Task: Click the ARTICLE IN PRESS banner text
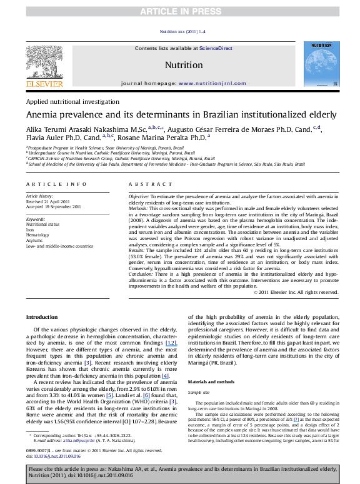pyautogui.click(x=180, y=11)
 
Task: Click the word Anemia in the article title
pyautogui.click(x=42, y=115)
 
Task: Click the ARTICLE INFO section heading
pyautogui.click(x=49, y=184)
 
